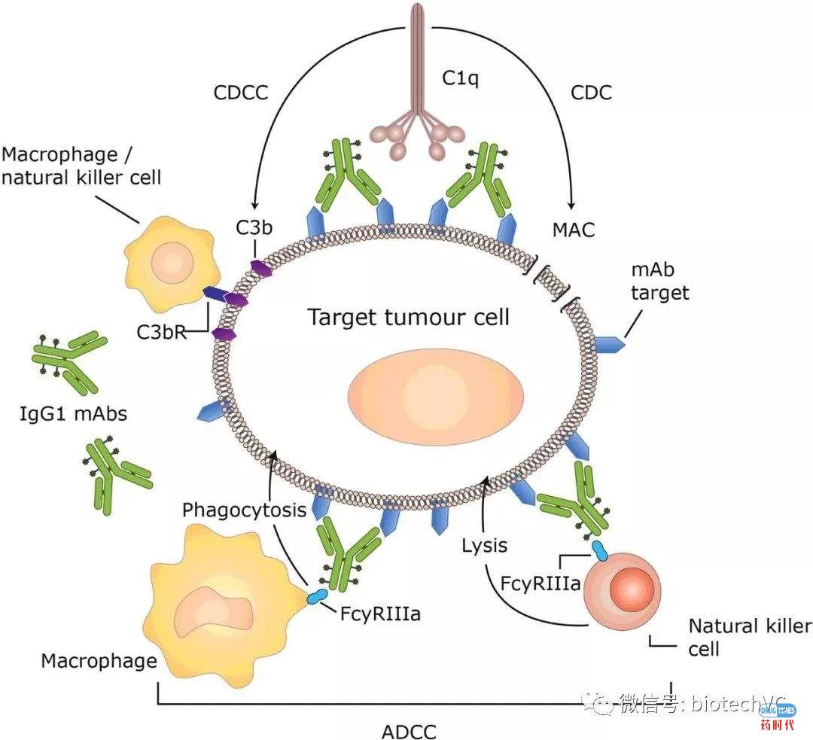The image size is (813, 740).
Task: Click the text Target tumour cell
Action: [409, 317]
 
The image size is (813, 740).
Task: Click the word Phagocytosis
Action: [244, 510]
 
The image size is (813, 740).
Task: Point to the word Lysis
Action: [485, 545]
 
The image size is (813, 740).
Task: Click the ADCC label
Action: [409, 730]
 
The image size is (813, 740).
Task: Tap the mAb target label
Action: [660, 282]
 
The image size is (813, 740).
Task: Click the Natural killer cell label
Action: [749, 637]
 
